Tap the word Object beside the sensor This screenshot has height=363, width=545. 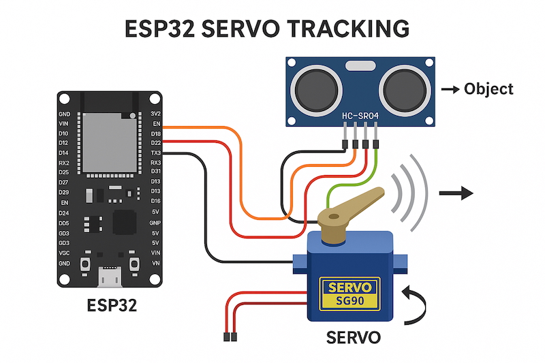488,89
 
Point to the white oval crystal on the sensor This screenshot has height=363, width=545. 358,66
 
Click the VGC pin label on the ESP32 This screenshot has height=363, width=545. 64,253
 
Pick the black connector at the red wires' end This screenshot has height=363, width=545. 230,336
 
